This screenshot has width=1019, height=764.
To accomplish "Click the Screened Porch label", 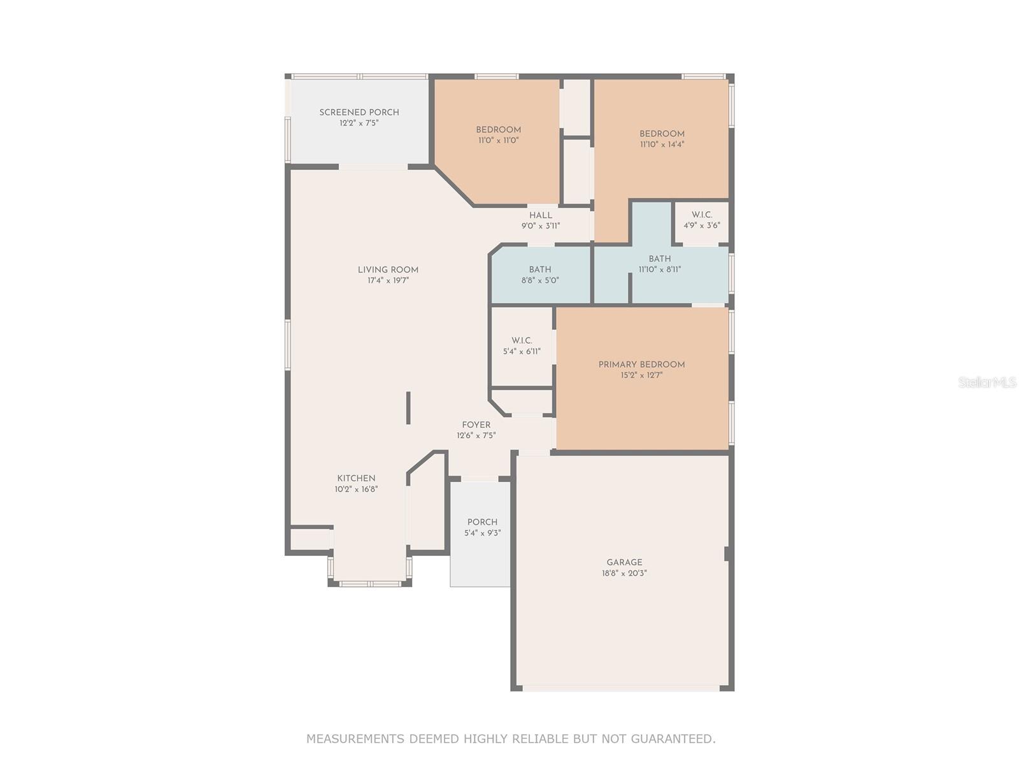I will pos(359,112).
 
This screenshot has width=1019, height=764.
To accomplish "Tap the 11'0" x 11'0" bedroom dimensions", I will pos(499,140).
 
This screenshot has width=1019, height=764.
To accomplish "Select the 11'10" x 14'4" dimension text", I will pos(662,145).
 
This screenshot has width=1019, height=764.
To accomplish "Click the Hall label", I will pos(540,215).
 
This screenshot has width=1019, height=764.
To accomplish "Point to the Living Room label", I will pos(388,269).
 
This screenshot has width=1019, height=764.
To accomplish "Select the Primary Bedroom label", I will pos(641,365).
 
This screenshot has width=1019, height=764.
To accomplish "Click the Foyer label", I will pos(476,425).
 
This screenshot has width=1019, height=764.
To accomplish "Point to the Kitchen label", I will pos(356,478).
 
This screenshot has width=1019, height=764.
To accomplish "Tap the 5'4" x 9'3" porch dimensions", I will pos(482,533).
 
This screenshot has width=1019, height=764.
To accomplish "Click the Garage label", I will pos(624,562).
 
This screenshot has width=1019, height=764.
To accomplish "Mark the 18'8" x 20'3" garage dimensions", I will pos(624,573).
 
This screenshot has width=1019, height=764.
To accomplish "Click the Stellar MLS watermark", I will pos(987,383).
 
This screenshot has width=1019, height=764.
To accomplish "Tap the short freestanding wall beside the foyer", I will pos(408,408).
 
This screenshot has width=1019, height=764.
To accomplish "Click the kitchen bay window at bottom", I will pos(369,583).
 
